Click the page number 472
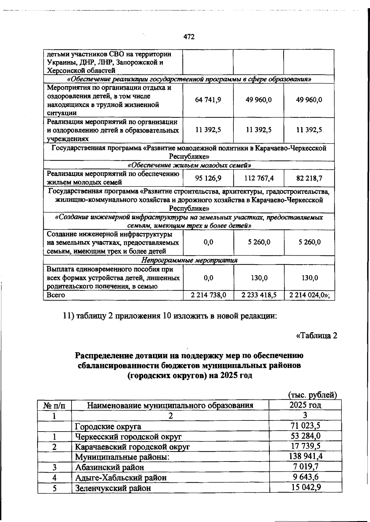coord(189,37)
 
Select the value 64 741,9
coord(208,100)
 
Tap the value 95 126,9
coord(208,178)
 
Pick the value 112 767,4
coord(259,178)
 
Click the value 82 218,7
coord(309,178)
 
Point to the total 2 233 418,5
coord(259,295)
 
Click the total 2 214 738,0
coord(208,295)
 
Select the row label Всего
coord(56,295)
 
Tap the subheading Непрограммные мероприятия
coord(189,260)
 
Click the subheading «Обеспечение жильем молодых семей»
coord(189,165)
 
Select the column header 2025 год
coord(305,405)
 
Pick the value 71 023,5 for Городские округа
coord(305,426)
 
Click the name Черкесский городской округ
coord(128,437)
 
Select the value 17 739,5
coord(305,446)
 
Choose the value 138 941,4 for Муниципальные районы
coord(305,457)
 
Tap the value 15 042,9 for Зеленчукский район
coord(305,488)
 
